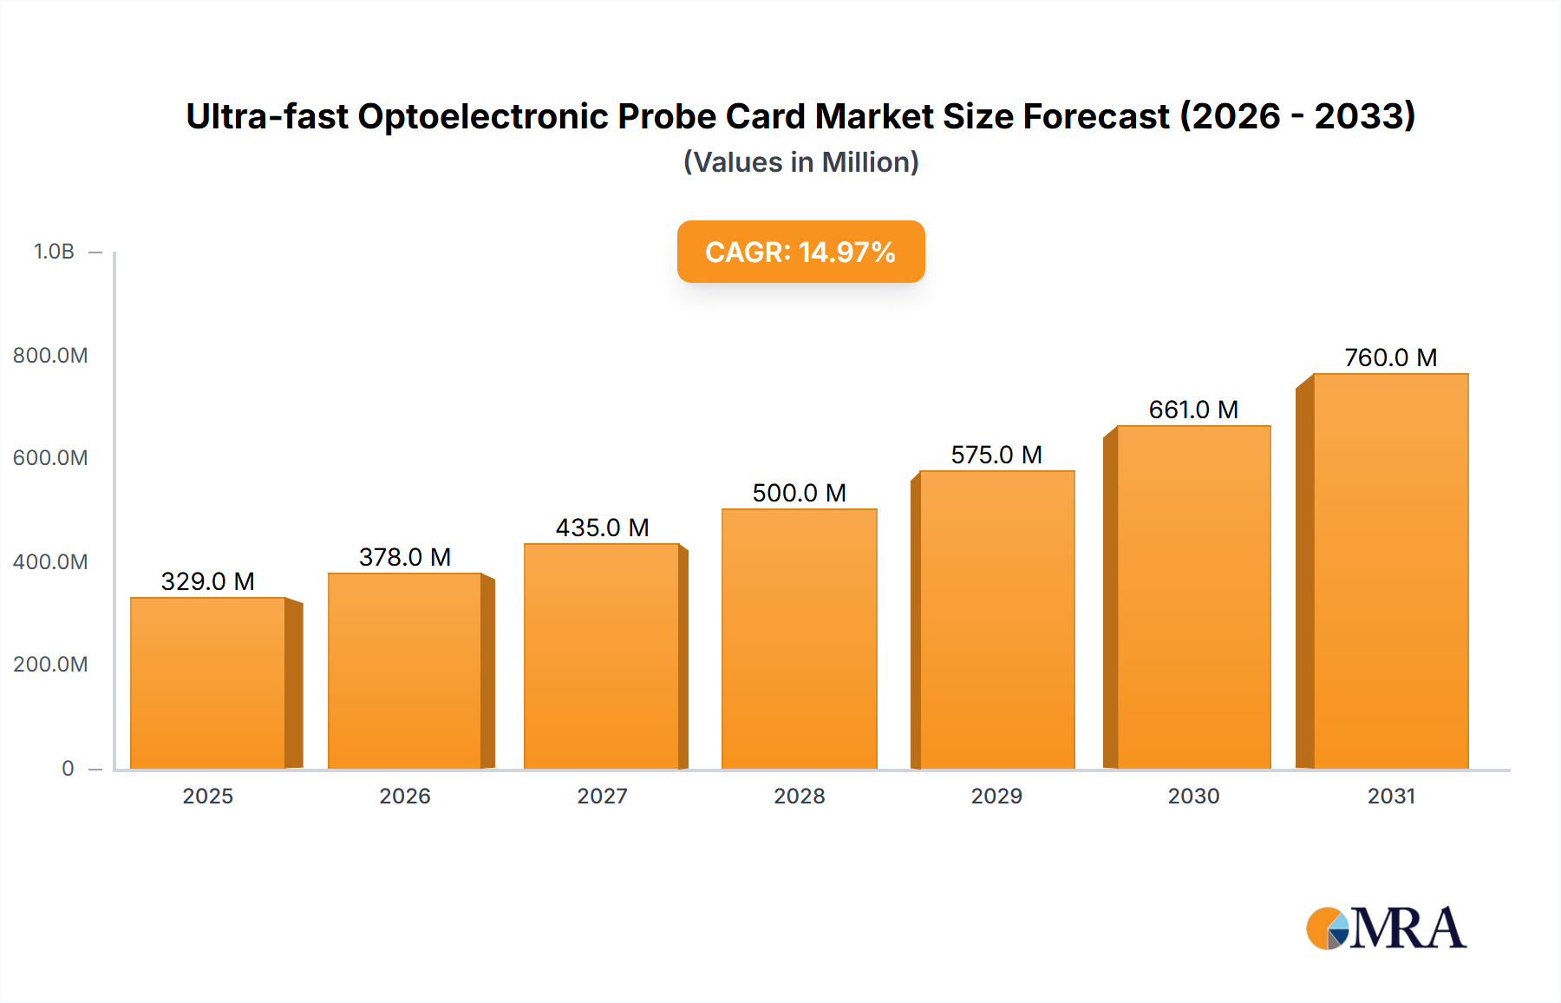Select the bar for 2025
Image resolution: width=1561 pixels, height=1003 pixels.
point(208,684)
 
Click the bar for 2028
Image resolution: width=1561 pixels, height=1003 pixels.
point(799,639)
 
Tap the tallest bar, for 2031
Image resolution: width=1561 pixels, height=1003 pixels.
point(1390,572)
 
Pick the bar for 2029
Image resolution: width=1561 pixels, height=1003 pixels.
point(996,620)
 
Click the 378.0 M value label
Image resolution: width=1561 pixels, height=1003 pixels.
point(405,557)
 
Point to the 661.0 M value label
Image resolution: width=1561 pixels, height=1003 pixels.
point(1193,410)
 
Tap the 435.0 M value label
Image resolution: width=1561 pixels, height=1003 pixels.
point(602,528)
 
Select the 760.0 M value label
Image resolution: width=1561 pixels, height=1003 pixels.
point(1390,357)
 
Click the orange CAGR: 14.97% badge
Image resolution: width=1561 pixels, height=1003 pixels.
point(800,252)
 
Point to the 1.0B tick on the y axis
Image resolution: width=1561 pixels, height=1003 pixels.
point(54,252)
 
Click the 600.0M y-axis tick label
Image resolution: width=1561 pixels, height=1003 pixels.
point(50,458)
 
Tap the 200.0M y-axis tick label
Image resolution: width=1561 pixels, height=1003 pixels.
point(50,665)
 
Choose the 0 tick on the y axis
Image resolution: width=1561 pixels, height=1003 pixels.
point(68,769)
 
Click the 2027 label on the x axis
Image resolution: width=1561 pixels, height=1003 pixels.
point(602,796)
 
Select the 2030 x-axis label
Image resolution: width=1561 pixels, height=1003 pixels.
point(1193,796)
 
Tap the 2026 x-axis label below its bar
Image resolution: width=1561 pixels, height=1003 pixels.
point(405,796)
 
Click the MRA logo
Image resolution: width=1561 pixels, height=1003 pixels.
point(1386,928)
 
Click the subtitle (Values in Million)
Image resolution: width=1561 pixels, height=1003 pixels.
point(800,162)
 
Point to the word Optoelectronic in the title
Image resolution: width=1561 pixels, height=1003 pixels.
point(483,116)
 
